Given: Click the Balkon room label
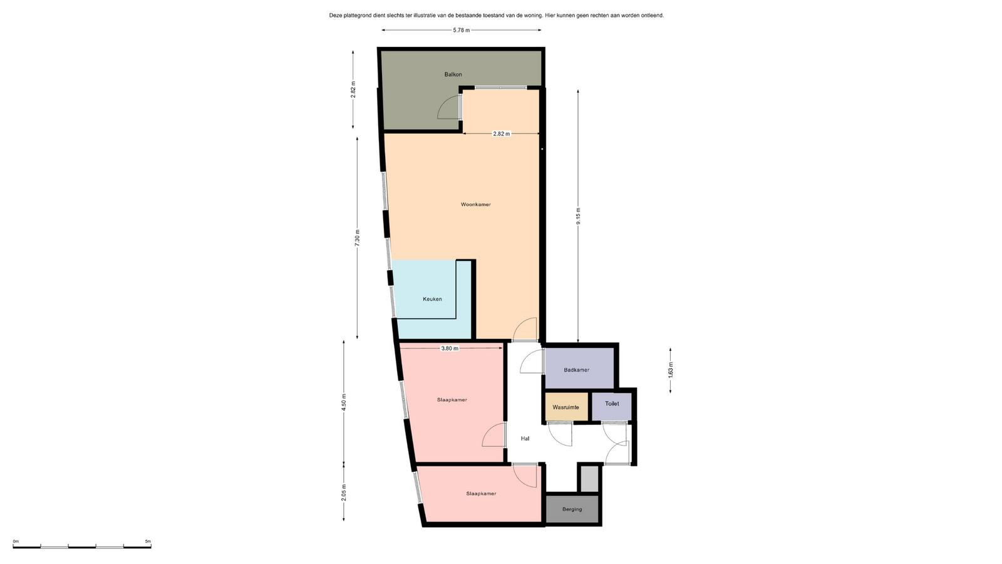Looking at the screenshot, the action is (453, 75).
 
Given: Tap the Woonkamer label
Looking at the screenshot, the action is (475, 204).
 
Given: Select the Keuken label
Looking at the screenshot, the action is (432, 299).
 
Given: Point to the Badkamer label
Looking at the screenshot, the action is (576, 370).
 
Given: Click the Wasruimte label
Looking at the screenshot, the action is (566, 407).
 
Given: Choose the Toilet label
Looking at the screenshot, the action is (612, 404).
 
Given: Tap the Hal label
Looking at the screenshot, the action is (525, 439).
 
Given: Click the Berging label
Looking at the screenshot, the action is (572, 509).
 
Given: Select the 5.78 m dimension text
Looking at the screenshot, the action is (461, 31).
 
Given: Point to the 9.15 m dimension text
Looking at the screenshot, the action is (578, 216).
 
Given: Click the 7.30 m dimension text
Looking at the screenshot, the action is (357, 238).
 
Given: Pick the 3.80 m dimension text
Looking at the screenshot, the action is (450, 348).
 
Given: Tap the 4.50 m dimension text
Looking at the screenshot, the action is (344, 402).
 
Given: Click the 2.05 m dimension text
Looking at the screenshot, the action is (344, 493).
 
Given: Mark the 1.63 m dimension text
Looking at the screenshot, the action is (670, 370).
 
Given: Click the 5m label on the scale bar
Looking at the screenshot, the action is (148, 541).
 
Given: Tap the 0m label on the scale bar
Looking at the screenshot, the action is (16, 541).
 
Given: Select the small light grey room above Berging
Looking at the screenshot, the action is (589, 479).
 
